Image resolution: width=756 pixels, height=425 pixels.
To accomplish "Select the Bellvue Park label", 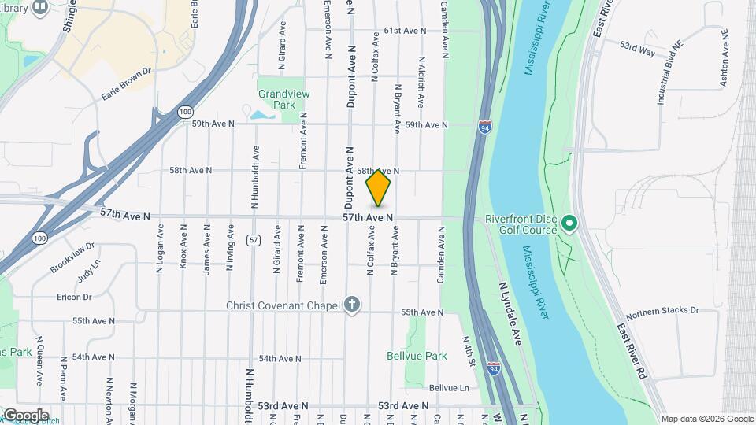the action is pyautogui.click(x=417, y=356).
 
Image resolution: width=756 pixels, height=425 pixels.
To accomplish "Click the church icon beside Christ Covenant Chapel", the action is pyautogui.click(x=353, y=305).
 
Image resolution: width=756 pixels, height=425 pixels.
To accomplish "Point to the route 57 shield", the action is pyautogui.click(x=253, y=238).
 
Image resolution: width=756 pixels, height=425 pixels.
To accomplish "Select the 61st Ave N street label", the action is pyautogui.click(x=405, y=31).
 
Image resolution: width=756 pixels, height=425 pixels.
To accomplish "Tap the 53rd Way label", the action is pyautogui.click(x=637, y=50).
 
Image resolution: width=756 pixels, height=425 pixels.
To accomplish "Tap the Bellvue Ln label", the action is pyautogui.click(x=449, y=388).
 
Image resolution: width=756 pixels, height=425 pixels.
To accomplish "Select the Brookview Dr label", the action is pyautogui.click(x=72, y=257).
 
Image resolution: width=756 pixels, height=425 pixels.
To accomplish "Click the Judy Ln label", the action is pyautogui.click(x=89, y=272).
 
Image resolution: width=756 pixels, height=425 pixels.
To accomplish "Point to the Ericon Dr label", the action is pyautogui.click(x=75, y=297).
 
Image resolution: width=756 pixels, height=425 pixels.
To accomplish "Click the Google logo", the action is pyautogui.click(x=26, y=415).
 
